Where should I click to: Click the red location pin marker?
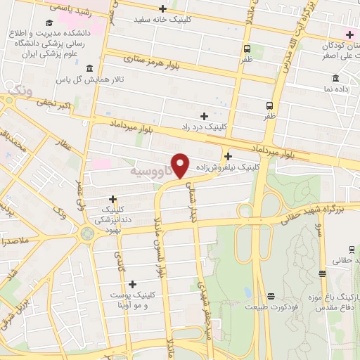pyautogui.click(x=181, y=165)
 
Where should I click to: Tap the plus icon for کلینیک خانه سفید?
pyautogui.click(x=162, y=8)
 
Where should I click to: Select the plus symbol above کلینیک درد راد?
pyautogui.click(x=204, y=116)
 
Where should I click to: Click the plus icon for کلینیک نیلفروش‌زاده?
pyautogui.click(x=228, y=156)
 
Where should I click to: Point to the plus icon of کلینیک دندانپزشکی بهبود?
pyautogui.click(x=112, y=199)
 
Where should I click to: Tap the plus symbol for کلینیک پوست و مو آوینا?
pyautogui.click(x=131, y=283)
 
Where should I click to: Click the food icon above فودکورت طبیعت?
pyautogui.click(x=271, y=295)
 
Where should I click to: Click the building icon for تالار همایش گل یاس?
pyautogui.click(x=89, y=68)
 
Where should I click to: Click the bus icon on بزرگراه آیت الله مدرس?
pyautogui.click(x=270, y=104)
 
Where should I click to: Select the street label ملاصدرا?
pyautogui.click(x=15, y=241)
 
